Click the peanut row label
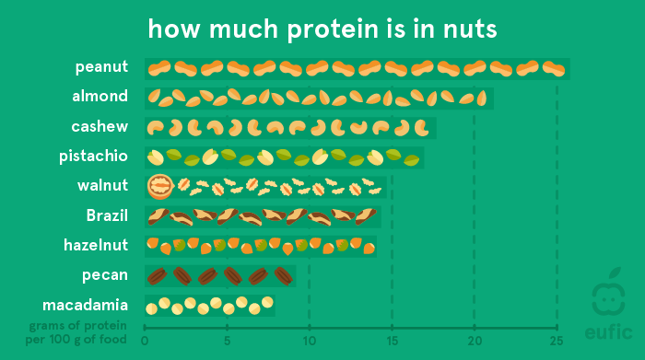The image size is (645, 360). (x=101, y=67)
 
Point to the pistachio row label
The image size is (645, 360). (x=93, y=156)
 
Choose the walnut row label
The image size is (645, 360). (x=102, y=186)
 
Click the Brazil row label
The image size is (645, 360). (x=107, y=216)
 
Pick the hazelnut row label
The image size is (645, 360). (x=96, y=245)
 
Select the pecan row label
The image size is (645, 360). (x=106, y=275)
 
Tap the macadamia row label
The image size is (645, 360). (x=85, y=305)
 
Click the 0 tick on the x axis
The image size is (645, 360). (x=145, y=339)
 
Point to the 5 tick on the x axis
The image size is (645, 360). (x=227, y=339)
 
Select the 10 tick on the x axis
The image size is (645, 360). (x=309, y=339)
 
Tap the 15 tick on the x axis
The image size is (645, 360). (x=392, y=339)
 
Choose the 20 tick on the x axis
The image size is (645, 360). (x=474, y=339)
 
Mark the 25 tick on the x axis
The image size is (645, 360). (x=557, y=339)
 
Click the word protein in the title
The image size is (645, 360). (x=323, y=29)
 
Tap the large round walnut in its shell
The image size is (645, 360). (x=160, y=187)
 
